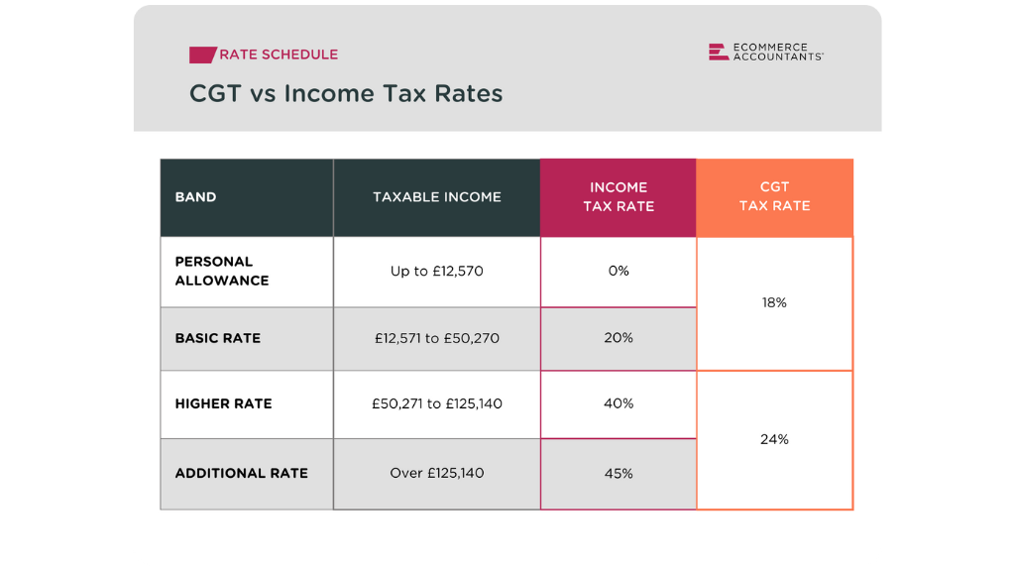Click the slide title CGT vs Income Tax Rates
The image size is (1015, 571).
(346, 94)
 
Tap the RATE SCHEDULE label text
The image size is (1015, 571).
(279, 55)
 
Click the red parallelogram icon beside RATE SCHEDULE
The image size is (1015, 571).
(202, 55)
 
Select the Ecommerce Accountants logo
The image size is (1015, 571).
(765, 53)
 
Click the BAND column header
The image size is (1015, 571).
(195, 197)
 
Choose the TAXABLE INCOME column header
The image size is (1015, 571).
(437, 197)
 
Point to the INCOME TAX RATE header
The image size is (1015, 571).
(619, 196)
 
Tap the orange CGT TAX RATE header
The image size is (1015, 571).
(774, 196)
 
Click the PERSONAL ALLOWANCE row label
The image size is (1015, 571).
(222, 271)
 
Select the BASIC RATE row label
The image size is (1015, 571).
(218, 338)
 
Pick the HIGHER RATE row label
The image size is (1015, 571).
(223, 403)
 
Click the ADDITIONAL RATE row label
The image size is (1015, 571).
(241, 473)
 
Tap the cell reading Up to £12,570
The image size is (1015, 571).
(437, 271)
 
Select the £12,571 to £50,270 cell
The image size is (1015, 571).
(437, 338)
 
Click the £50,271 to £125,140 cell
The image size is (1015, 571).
(437, 403)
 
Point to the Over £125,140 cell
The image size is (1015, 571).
(437, 473)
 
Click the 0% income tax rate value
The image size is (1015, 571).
(619, 271)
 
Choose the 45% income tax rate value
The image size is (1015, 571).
(619, 474)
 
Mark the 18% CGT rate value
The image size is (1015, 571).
(774, 302)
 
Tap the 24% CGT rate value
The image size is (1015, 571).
(774, 439)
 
